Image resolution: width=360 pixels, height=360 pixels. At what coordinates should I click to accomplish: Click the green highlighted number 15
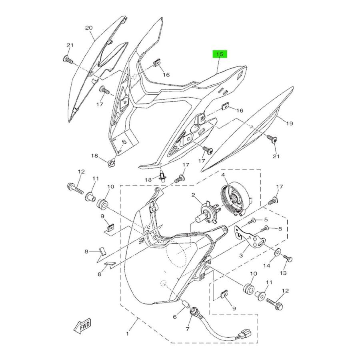tap(220, 54)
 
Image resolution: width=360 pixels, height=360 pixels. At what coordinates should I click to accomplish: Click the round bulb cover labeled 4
tap(236, 199)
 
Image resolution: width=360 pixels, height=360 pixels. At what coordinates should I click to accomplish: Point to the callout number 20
tap(89, 28)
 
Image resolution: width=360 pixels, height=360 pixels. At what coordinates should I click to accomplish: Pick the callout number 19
tap(290, 124)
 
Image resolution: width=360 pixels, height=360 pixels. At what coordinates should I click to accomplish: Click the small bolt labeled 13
tap(288, 259)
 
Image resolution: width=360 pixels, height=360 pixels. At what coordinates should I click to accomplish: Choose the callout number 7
tap(187, 329)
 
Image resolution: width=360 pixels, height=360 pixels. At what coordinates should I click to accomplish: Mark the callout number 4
tap(223, 175)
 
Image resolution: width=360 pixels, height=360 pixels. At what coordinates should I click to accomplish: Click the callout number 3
tap(241, 255)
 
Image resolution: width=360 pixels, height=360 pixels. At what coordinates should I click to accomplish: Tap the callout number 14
tap(266, 266)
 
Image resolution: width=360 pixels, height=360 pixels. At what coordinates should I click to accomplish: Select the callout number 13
tap(283, 273)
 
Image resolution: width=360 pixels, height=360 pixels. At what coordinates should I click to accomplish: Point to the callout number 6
tap(175, 317)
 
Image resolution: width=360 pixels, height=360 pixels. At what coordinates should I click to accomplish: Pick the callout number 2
tap(193, 195)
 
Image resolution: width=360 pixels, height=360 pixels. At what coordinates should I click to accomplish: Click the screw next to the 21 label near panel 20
tap(68, 60)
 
